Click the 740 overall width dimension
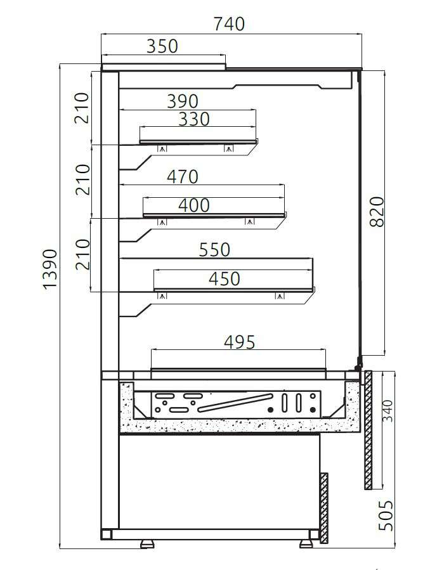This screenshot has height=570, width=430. tap(228, 24)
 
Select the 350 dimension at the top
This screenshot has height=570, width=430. tap(162, 46)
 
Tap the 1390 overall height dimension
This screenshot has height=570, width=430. tap(50, 269)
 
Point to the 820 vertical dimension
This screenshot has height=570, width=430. tap(377, 212)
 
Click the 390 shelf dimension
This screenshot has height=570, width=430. tap(183, 101)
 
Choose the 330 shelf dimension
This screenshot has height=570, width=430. tap(194, 119)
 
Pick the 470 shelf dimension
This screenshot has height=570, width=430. tap(183, 177)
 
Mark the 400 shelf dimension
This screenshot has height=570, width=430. tap(194, 205)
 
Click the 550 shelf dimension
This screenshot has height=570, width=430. tap(214, 250)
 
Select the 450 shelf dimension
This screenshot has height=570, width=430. tap(225, 279)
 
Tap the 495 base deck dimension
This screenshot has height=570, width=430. tap(240, 342)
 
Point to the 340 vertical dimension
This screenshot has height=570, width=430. tap(388, 411)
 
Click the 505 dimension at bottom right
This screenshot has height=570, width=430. tap(386, 515)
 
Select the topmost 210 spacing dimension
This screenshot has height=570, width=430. tap(82, 108)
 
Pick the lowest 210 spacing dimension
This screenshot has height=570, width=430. tap(82, 254)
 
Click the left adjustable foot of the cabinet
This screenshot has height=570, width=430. tap(147, 544)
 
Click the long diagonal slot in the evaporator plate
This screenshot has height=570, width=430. tap(235, 403)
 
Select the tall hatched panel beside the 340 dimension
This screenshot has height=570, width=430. tap(368, 430)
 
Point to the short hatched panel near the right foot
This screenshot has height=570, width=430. tap(324, 508)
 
